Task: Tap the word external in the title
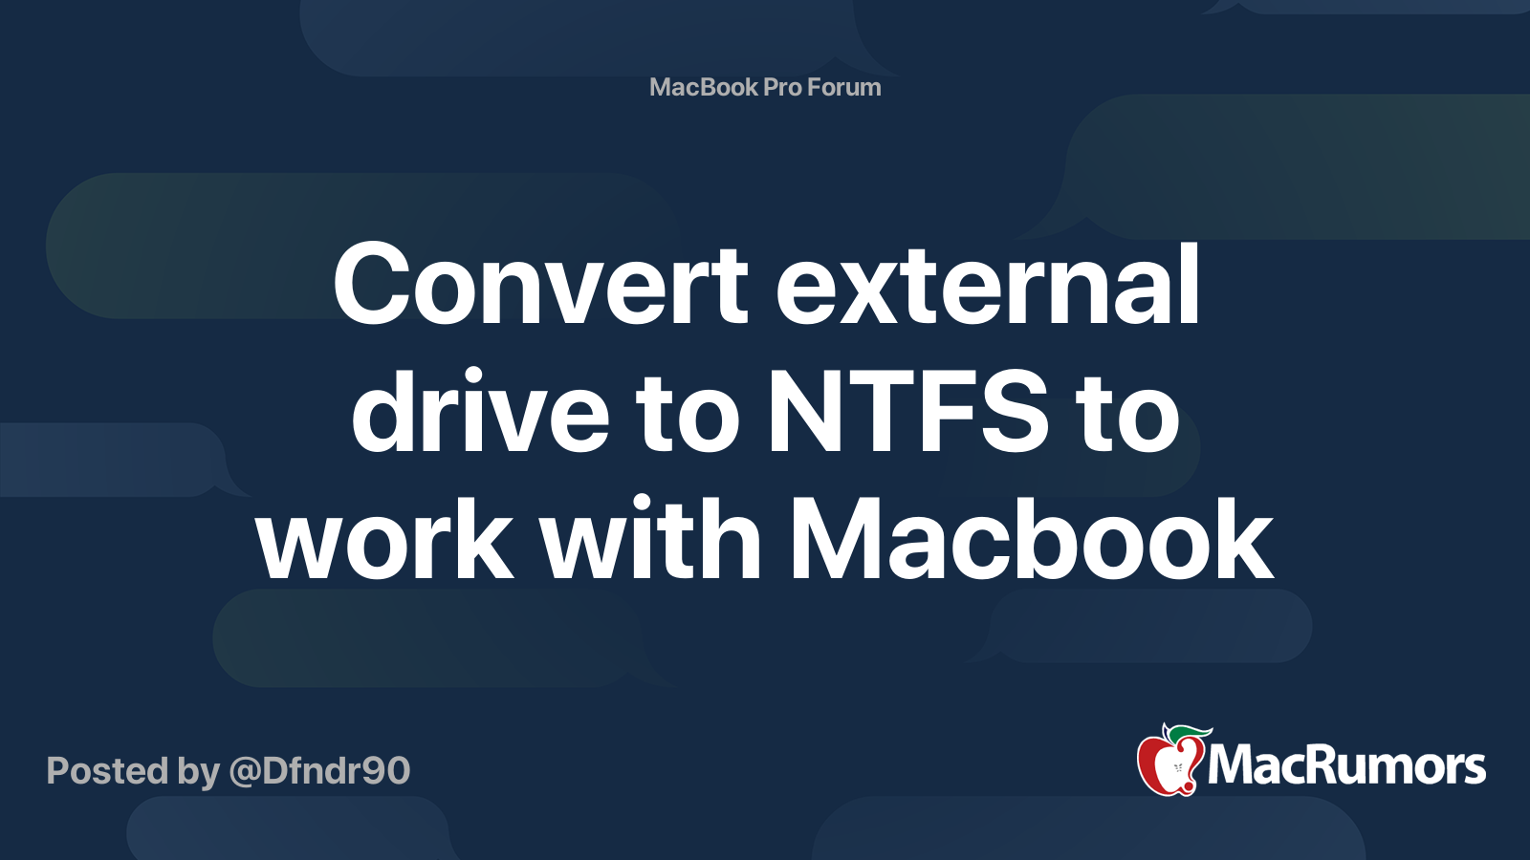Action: click(987, 285)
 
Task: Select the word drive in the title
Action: click(481, 414)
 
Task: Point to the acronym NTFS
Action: click(907, 414)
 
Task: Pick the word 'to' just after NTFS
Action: click(1126, 414)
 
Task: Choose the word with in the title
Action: click(650, 542)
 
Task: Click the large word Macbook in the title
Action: click(1031, 542)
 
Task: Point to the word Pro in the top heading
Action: click(782, 87)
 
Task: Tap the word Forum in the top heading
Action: click(843, 87)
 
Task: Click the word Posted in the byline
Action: click(107, 771)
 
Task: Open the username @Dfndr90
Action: click(319, 771)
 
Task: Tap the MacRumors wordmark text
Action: click(1346, 766)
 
